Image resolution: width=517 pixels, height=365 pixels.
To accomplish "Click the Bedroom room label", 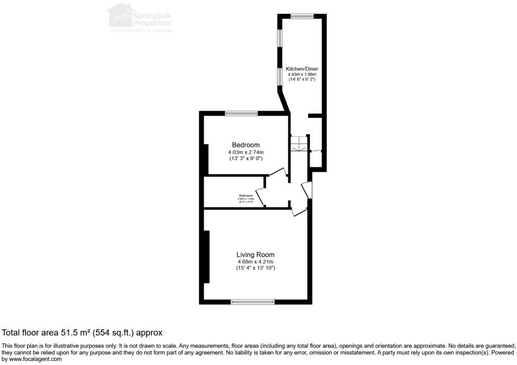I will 246,145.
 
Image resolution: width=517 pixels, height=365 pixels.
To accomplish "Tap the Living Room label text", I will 255,254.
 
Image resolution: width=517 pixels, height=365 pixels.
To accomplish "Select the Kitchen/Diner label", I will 302,69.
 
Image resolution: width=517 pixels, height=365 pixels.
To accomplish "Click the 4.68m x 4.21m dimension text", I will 255,262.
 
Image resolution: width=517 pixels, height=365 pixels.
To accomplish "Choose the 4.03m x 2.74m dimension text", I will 246,152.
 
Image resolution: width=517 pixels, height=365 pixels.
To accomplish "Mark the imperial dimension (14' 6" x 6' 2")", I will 302,80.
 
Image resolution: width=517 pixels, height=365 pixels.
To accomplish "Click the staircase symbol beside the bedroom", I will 299,144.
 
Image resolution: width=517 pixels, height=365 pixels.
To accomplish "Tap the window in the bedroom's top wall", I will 241,113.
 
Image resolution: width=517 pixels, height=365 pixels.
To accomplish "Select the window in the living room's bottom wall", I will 253,302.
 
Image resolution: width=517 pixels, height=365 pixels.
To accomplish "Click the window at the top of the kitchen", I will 302,16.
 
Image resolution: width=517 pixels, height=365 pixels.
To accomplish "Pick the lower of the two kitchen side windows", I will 280,76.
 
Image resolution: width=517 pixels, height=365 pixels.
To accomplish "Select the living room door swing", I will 299,210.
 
